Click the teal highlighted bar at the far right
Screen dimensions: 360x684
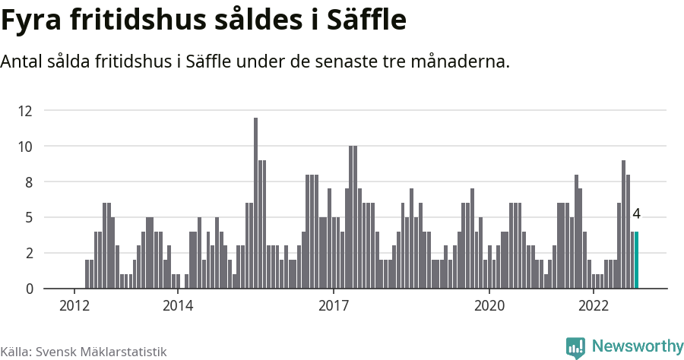click(x=636, y=261)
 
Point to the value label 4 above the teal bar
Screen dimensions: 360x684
click(x=636, y=214)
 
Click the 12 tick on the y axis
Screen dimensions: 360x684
click(x=25, y=111)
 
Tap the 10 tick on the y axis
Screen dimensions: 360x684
click(x=25, y=147)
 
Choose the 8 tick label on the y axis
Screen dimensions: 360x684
click(x=28, y=182)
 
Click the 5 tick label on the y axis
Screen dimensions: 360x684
click(x=28, y=218)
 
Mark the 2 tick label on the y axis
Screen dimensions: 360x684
click(x=28, y=254)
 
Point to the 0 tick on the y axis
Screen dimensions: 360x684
click(x=28, y=289)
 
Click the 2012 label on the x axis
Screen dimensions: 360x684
click(x=74, y=306)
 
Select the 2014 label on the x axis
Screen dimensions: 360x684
click(x=178, y=306)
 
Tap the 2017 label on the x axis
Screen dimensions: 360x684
click(x=334, y=306)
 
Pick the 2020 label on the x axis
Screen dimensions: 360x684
click(x=489, y=306)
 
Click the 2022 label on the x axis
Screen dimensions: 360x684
click(x=593, y=306)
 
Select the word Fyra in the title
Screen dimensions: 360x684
click(x=33, y=21)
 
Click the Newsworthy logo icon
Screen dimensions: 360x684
click(x=575, y=347)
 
